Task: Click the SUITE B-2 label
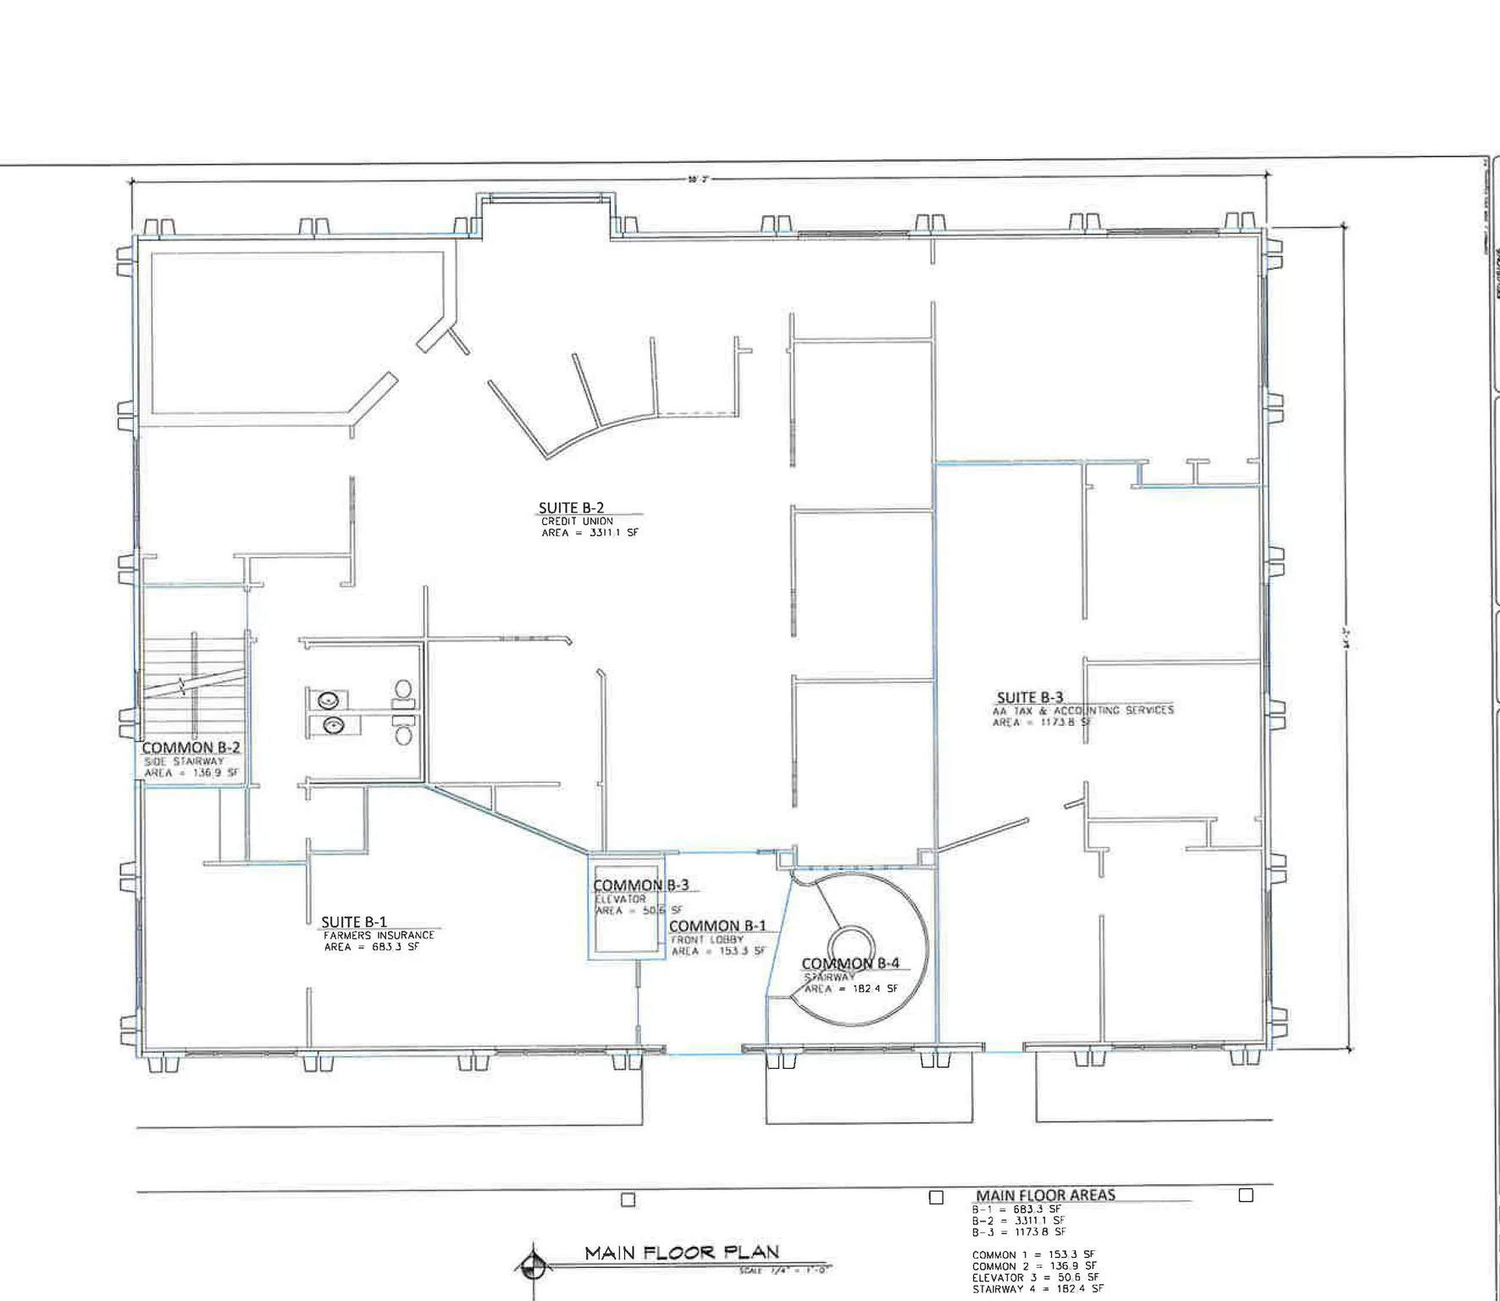[x=571, y=508]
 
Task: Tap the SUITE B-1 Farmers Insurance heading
[x=354, y=922]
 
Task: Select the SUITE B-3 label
[x=1029, y=697]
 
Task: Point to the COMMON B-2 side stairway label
[x=191, y=747]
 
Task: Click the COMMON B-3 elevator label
[x=640, y=885]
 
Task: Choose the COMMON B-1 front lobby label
[x=717, y=926]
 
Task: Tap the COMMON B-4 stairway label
[x=850, y=963]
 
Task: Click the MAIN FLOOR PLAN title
[x=682, y=1252]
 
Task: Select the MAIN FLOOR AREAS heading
[x=1045, y=1194]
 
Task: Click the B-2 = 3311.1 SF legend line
[x=1018, y=1221]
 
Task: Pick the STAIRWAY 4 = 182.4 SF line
[x=1038, y=1288]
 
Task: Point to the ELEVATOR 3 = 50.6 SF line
[x=1035, y=1277]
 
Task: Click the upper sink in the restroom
[x=329, y=700]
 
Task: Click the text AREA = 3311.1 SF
[x=589, y=533]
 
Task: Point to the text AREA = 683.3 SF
[x=371, y=947]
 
